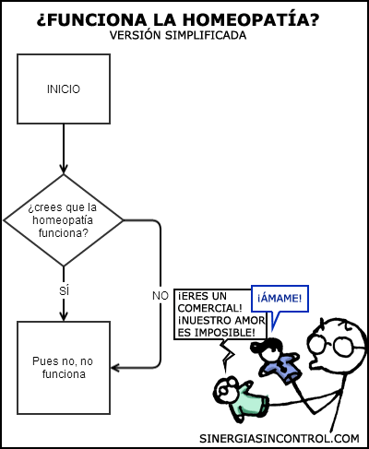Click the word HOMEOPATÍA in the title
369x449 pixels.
tap(251, 19)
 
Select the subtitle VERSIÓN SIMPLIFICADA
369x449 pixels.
tap(178, 35)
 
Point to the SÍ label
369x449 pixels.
tap(64, 289)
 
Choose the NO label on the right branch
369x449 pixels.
tap(161, 296)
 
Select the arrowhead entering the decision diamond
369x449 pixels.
tap(64, 169)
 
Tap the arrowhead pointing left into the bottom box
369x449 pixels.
tap(115, 368)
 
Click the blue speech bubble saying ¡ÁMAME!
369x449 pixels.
tap(280, 299)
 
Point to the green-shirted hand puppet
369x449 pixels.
tap(242, 399)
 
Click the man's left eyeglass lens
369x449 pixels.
tap(317, 344)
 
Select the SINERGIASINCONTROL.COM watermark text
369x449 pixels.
tap(280, 438)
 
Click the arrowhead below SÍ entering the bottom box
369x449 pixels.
tap(64, 316)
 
